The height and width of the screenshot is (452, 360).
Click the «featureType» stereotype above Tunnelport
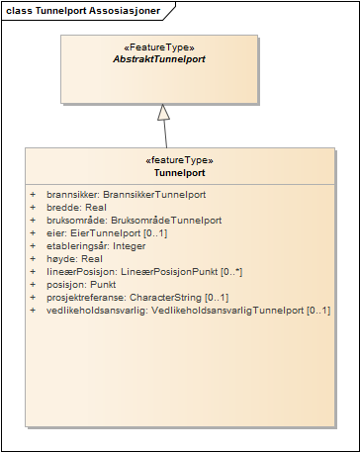point(179,160)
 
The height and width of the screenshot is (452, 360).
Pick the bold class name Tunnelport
point(179,172)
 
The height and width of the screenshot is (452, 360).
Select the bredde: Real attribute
point(75,207)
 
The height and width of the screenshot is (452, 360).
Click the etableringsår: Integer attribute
point(96,245)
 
